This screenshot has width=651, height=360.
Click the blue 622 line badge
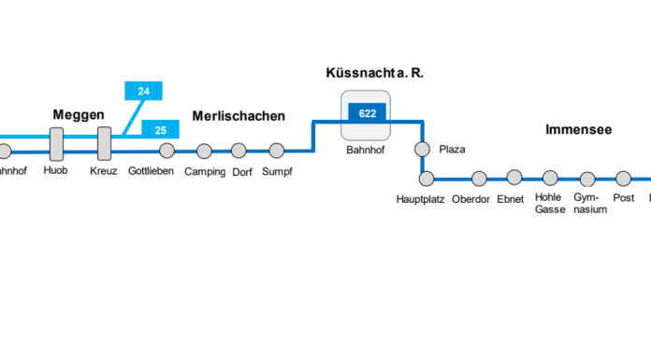point(368,113)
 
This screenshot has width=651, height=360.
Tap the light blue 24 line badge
point(143,91)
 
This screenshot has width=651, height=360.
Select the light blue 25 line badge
point(160,129)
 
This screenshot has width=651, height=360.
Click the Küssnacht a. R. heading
point(368,72)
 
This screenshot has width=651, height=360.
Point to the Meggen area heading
point(78,115)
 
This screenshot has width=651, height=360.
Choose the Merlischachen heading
point(239,116)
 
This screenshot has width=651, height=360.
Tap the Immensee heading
point(578,130)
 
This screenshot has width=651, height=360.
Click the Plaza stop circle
point(422,150)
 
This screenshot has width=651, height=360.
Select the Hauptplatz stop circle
point(427,178)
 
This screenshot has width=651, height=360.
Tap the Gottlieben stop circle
point(166,151)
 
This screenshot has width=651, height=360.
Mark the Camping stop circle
point(205,151)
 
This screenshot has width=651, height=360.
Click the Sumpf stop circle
point(276,151)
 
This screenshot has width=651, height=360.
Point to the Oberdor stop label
point(470,199)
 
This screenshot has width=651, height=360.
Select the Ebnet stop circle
point(514,177)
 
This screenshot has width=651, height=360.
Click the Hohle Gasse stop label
point(550,204)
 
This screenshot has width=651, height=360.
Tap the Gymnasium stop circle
point(587,178)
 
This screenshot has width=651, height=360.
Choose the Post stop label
point(624,198)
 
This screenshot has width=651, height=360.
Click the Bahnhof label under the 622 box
point(367,150)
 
